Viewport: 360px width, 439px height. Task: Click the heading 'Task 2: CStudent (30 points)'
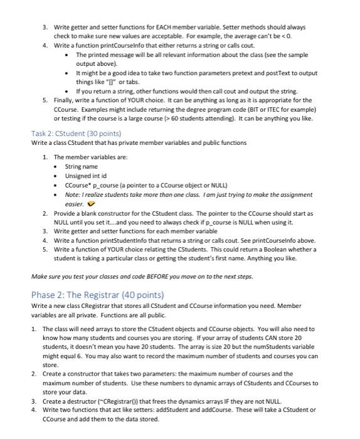tap(76, 134)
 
